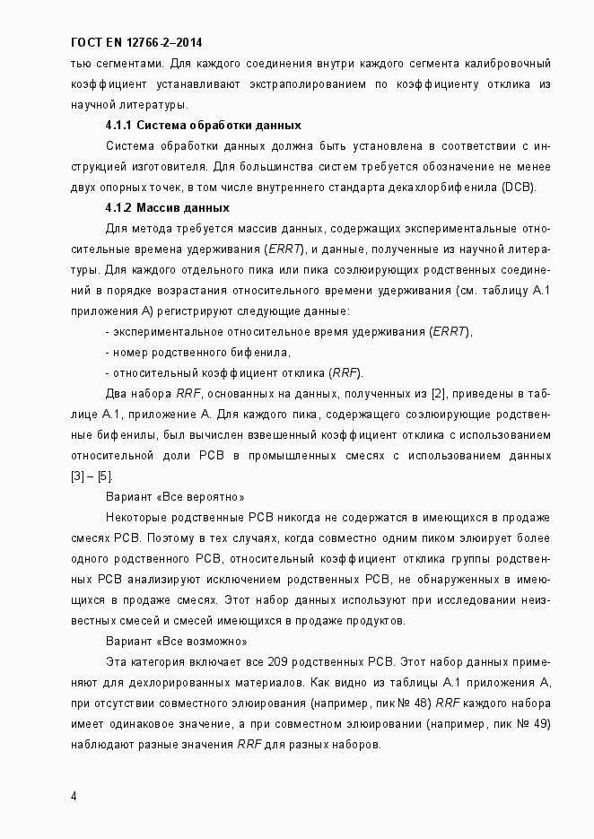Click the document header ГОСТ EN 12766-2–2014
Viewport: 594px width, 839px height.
(142, 43)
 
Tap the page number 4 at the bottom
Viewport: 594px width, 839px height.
(74, 796)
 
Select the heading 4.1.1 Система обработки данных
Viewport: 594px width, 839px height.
(203, 125)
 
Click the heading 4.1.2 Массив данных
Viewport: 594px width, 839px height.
(168, 207)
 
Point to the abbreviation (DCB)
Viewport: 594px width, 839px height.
(519, 187)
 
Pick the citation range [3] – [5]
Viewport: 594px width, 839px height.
(92, 476)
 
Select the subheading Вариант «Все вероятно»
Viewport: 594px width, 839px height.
(174, 496)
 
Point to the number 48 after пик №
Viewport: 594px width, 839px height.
(406, 703)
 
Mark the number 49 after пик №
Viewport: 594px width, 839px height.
(540, 723)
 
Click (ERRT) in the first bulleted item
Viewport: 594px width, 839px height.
(451, 331)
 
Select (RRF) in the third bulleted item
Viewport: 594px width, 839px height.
(345, 372)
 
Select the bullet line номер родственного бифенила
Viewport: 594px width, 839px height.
(201, 352)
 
